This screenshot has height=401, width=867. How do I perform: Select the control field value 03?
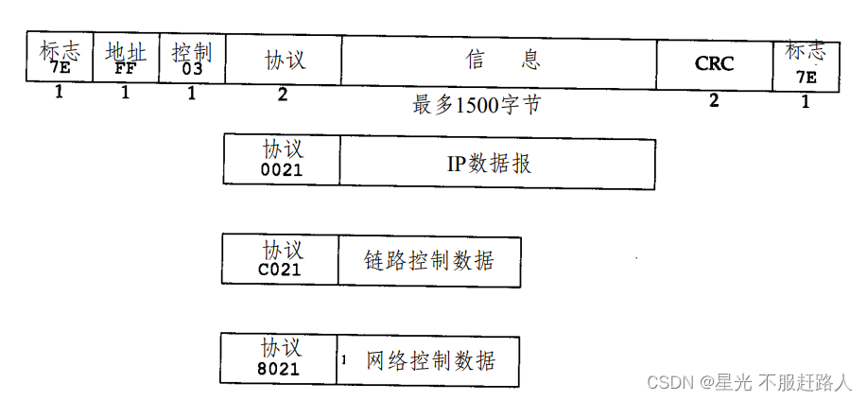(193, 68)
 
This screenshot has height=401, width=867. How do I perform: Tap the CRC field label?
(714, 63)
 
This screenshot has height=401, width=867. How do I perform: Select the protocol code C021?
(280, 270)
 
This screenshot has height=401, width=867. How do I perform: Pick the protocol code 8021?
(278, 369)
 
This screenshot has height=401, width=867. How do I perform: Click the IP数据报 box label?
(489, 163)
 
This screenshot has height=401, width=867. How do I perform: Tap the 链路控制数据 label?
(428, 260)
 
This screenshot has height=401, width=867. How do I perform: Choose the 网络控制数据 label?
(429, 360)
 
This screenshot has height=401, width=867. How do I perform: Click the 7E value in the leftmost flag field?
(60, 67)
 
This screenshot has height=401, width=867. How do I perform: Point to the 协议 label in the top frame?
(285, 60)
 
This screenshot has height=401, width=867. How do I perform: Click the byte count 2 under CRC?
(714, 100)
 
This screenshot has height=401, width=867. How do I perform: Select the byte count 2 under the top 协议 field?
(283, 94)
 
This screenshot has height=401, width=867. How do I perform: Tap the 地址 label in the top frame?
(126, 51)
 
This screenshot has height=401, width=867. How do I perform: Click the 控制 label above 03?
(193, 51)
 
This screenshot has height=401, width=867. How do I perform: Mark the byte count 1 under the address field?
(125, 93)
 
